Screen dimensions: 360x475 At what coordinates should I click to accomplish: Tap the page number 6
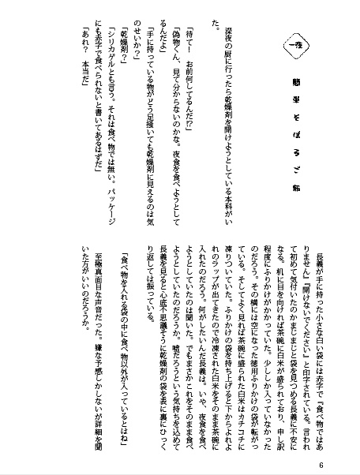(345, 464)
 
